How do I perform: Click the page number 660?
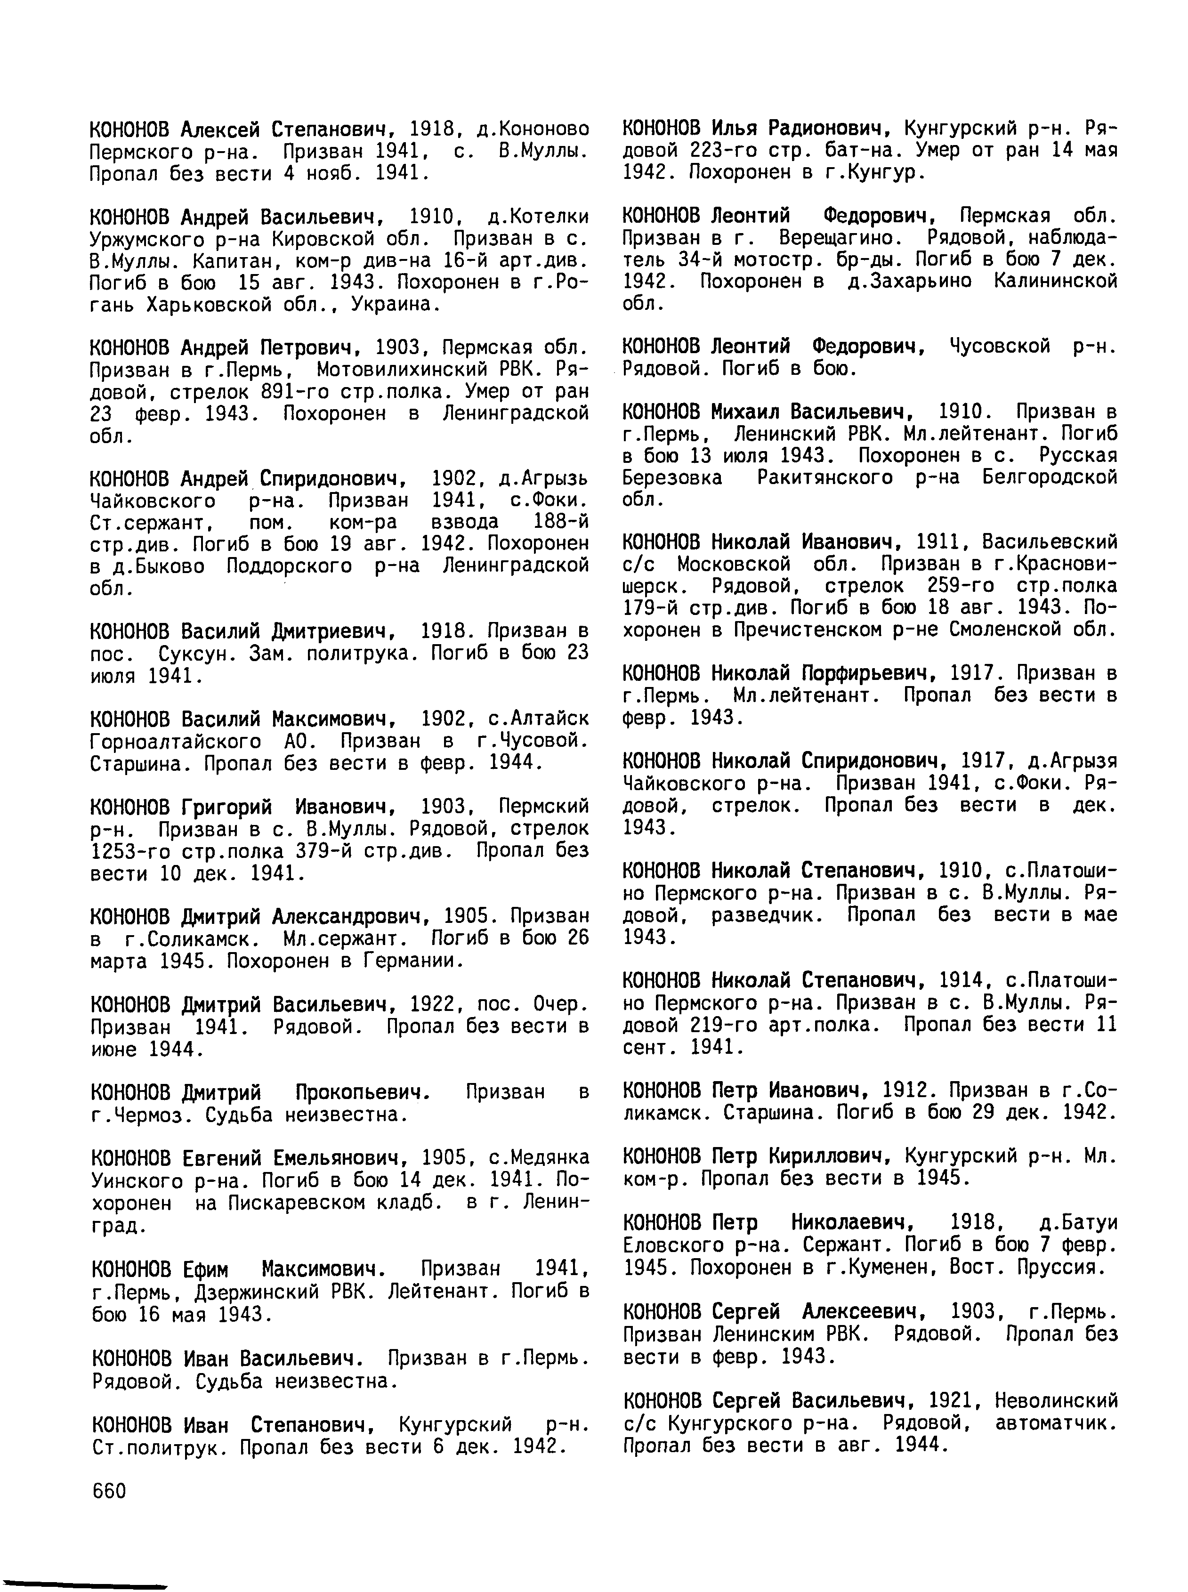109,1491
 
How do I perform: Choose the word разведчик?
768,914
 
